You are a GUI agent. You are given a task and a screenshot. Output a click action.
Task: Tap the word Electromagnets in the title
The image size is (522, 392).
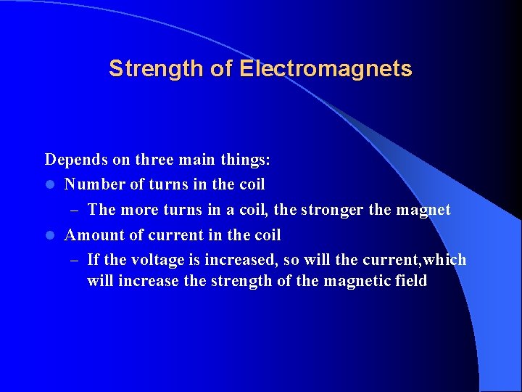click(326, 69)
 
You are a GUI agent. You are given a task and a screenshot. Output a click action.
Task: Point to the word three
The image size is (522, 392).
click(153, 159)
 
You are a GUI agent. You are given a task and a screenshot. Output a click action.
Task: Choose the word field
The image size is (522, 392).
click(407, 280)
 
